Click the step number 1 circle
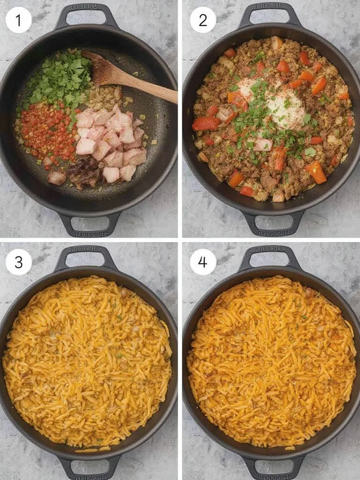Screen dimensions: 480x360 [x=19, y=20]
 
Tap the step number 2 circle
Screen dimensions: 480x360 [x=203, y=20]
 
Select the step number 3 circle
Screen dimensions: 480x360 [x=19, y=262]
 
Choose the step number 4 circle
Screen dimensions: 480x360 [x=203, y=262]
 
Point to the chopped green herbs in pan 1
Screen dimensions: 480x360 [x=59, y=82]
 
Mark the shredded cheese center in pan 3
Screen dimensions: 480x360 [x=87, y=361]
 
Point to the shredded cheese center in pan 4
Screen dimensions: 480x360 [x=271, y=361]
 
